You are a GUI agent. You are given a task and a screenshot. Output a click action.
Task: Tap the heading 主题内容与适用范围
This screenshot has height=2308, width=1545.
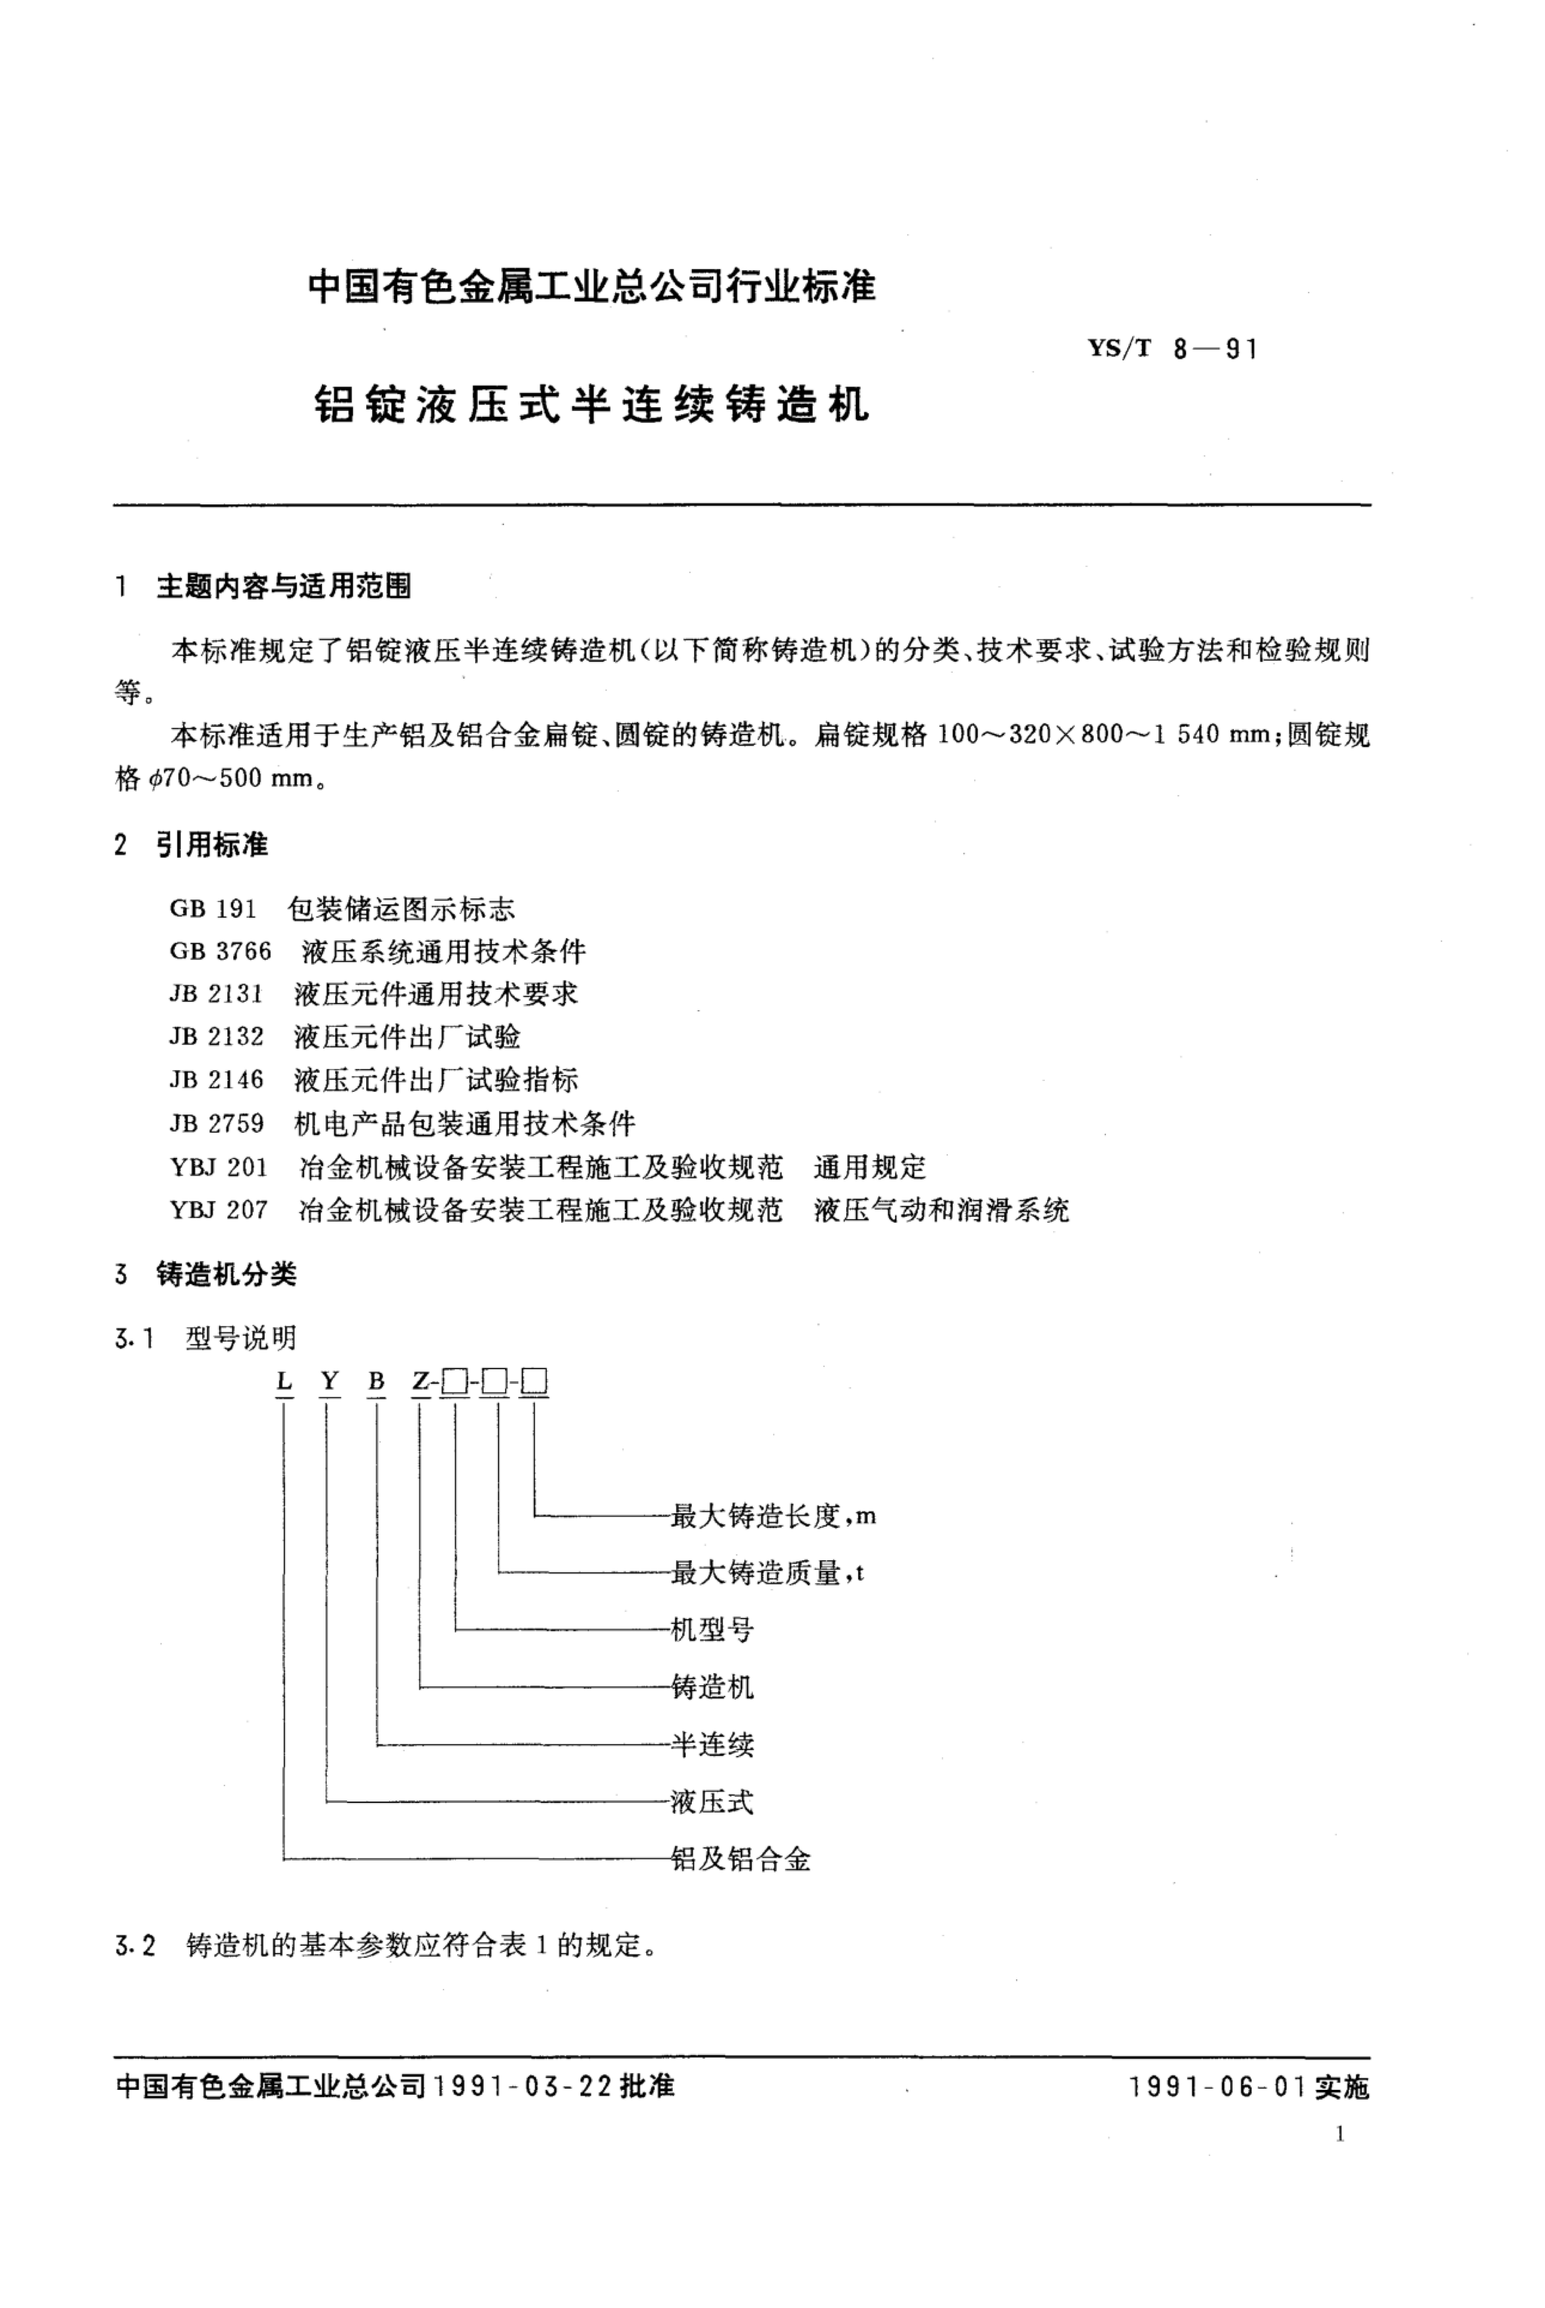pos(284,587)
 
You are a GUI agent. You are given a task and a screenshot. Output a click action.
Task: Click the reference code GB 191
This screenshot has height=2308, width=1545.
pos(213,909)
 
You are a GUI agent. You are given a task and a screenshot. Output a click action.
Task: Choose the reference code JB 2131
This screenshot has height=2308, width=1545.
pos(216,994)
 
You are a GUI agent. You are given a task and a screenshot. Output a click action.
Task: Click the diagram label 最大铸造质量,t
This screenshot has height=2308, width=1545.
pos(767,1573)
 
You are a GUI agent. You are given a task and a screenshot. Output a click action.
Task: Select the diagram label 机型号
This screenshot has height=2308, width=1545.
pos(712,1630)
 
